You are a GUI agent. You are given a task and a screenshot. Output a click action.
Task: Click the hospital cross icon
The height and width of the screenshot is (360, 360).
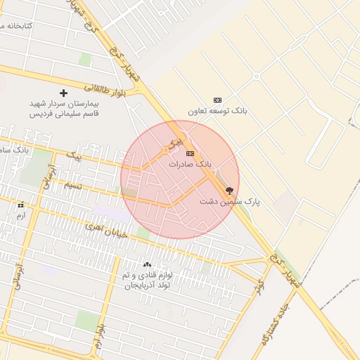(x=64, y=93)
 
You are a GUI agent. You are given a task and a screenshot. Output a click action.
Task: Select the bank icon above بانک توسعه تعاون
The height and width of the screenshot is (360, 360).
(x=217, y=100)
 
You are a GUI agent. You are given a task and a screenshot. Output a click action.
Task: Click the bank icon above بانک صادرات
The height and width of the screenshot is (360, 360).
(x=190, y=153)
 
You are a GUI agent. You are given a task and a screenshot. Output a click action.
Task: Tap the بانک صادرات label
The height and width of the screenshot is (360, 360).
(x=190, y=164)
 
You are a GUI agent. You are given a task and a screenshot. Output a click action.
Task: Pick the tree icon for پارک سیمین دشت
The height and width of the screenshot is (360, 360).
(x=229, y=191)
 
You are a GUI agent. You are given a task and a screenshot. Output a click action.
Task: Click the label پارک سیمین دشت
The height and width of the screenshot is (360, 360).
(x=229, y=202)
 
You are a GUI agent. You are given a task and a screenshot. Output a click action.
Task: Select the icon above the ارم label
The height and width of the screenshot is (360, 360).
(x=20, y=205)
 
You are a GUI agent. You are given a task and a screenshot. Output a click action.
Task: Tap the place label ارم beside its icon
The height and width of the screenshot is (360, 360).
(x=20, y=215)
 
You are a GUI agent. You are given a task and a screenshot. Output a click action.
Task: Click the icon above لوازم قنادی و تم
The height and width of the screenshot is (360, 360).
(x=147, y=265)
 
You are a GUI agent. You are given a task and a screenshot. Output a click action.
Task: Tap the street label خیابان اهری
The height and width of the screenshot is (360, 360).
(x=106, y=230)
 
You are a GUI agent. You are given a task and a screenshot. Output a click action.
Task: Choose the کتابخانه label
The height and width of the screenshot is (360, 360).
(x=29, y=26)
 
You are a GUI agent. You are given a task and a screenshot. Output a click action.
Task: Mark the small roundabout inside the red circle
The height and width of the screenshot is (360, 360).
(x=166, y=150)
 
